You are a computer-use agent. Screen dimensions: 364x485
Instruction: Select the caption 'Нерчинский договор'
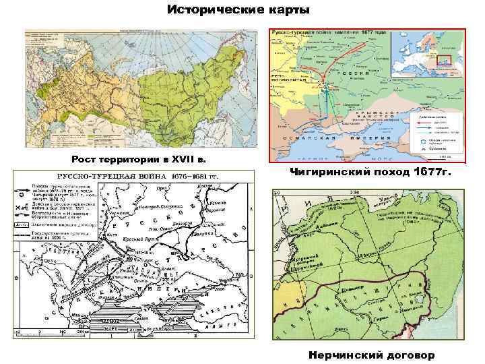[x=372, y=355]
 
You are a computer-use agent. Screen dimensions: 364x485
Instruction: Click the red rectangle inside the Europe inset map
[x=443, y=60]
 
